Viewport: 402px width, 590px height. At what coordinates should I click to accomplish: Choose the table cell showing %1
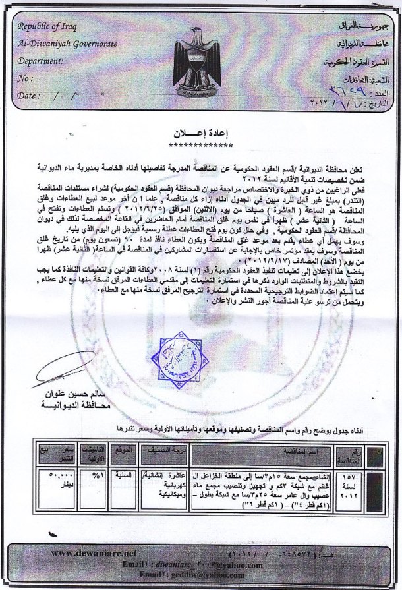coord(96,475)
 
